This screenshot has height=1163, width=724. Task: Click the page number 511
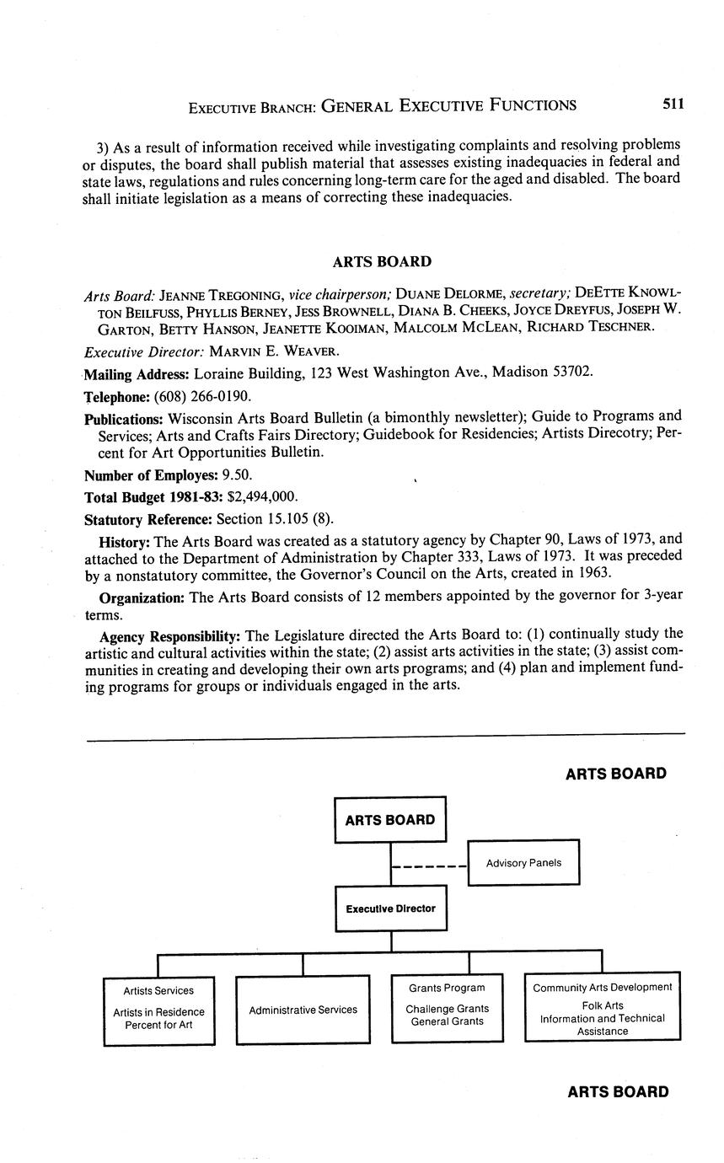pyautogui.click(x=673, y=104)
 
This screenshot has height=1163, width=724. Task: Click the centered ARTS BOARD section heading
pyautogui.click(x=382, y=262)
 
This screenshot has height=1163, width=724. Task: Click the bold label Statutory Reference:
pyautogui.click(x=148, y=517)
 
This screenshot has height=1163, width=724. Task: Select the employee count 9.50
pyautogui.click(x=237, y=474)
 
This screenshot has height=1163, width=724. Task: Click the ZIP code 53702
pyautogui.click(x=572, y=372)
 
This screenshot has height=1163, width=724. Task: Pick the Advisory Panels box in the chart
pyautogui.click(x=523, y=862)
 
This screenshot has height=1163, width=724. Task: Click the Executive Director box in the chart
pyautogui.click(x=391, y=908)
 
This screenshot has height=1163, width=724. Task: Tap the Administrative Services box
pyautogui.click(x=303, y=1010)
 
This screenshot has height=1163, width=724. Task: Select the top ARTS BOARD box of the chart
pyautogui.click(x=390, y=820)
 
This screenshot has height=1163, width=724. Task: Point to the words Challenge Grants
pyautogui.click(x=447, y=1009)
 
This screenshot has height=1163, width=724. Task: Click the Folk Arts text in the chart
pyautogui.click(x=603, y=1005)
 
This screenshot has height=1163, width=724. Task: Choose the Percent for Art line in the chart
pyautogui.click(x=159, y=1025)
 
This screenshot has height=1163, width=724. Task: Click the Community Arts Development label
pyautogui.click(x=603, y=987)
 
